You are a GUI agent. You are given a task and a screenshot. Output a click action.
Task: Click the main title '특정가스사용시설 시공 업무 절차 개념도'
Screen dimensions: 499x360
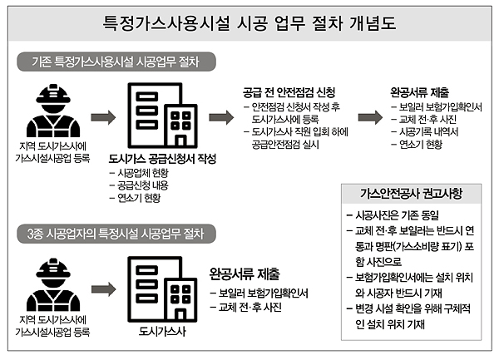[x=249, y=23]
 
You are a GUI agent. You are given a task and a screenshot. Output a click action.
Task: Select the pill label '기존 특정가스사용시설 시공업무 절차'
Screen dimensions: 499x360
[x=116, y=62]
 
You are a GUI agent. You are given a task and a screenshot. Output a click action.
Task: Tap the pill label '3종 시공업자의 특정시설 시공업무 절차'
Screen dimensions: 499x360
[x=116, y=234]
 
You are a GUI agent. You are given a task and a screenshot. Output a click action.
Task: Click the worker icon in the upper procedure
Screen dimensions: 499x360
[x=53, y=111]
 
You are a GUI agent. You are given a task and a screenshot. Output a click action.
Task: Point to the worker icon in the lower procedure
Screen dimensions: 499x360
[x=53, y=284]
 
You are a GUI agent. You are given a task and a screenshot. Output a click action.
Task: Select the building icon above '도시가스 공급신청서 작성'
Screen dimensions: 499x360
[x=162, y=116]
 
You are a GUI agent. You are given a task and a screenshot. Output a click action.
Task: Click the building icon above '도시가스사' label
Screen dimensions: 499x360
[x=162, y=289]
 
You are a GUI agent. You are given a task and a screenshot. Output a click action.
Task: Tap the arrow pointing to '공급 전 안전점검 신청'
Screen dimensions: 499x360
[x=221, y=117]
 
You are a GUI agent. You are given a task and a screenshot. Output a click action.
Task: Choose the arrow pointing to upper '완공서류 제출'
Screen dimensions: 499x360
[x=370, y=117]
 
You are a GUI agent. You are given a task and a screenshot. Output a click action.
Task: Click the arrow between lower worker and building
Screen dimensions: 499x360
[x=104, y=289]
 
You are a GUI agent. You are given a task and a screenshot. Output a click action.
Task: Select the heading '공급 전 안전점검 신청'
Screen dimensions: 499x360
[x=289, y=92]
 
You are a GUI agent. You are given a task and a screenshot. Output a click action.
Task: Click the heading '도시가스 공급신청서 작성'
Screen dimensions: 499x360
[x=162, y=159]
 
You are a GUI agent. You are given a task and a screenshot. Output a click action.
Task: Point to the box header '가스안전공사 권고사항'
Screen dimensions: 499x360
[x=411, y=194]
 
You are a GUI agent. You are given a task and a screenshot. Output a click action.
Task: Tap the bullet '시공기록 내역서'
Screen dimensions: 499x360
[x=425, y=131]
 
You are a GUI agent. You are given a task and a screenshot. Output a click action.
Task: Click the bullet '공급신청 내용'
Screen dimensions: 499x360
[x=139, y=185]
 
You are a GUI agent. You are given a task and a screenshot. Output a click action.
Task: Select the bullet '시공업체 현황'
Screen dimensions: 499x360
[x=139, y=173]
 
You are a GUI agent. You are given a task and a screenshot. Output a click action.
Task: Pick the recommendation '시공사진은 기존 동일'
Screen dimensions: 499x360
[x=393, y=215]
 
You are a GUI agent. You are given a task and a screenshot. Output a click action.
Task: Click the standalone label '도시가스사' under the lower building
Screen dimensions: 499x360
[x=162, y=332]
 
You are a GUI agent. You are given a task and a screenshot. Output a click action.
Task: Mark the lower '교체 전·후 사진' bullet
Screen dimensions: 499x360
[x=246, y=308]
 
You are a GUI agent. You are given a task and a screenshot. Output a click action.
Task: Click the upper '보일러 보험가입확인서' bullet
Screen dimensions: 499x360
[x=437, y=107]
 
